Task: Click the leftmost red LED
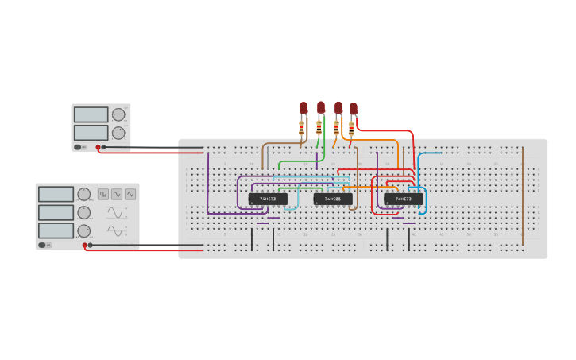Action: (x=303, y=107)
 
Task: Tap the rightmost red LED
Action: (x=354, y=108)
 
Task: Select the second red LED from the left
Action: (x=321, y=106)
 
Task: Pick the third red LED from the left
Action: (x=338, y=107)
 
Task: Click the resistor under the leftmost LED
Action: (x=302, y=127)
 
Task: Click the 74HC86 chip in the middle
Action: (x=333, y=199)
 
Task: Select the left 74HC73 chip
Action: (x=268, y=199)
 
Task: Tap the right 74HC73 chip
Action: (x=404, y=199)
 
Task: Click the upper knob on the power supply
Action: (x=118, y=114)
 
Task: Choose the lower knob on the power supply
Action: (x=118, y=133)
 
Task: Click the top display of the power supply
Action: (x=91, y=114)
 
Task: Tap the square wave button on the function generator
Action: (x=103, y=194)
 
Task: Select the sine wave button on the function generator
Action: (x=117, y=194)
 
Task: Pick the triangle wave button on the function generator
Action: (x=130, y=194)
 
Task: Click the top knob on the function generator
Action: (x=83, y=194)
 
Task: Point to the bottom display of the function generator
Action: (x=56, y=230)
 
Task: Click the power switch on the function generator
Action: (x=46, y=245)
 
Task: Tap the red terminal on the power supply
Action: (x=98, y=147)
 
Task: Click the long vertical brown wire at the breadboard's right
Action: (x=523, y=195)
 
